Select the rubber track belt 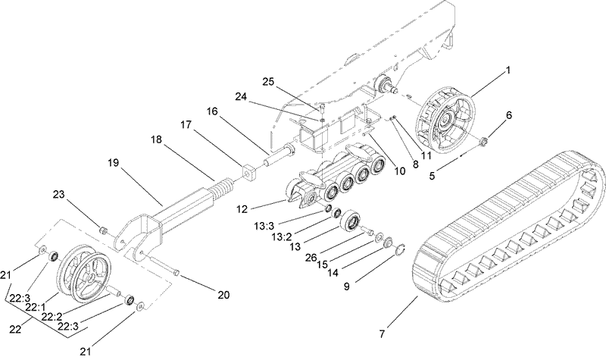[515, 220]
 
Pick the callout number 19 [114, 162]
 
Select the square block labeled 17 [250, 174]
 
